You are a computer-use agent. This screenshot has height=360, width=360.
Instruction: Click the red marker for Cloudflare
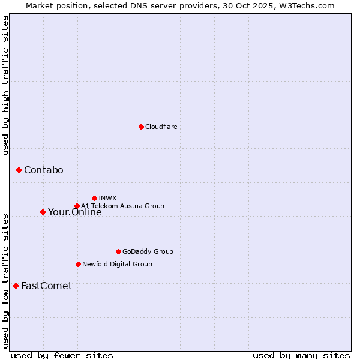pyautogui.click(x=141, y=127)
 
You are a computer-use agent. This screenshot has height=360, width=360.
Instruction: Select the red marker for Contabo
pyautogui.click(x=19, y=170)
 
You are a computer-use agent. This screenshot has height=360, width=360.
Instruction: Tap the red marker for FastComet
pyautogui.click(x=16, y=286)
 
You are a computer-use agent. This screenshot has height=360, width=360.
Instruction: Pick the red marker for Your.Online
pyautogui.click(x=43, y=212)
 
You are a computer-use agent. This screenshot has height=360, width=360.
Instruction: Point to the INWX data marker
pyautogui.click(x=94, y=198)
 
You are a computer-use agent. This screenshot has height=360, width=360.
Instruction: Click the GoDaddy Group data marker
pyautogui.click(x=118, y=251)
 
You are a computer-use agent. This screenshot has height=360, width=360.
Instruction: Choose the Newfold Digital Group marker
pyautogui.click(x=78, y=264)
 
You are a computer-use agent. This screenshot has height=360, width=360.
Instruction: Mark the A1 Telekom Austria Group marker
pyautogui.click(x=77, y=206)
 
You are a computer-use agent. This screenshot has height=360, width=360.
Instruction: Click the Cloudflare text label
pyautogui.click(x=161, y=127)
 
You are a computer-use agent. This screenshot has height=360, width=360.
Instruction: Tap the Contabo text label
pyautogui.click(x=43, y=170)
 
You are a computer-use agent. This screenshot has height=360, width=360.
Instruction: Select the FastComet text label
pyautogui.click(x=46, y=286)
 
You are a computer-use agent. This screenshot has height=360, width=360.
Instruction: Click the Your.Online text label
pyautogui.click(x=74, y=212)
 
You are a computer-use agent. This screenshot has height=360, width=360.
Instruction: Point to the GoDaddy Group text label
pyautogui.click(x=148, y=251)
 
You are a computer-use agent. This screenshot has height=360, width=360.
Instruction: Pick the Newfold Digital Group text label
pyautogui.click(x=117, y=264)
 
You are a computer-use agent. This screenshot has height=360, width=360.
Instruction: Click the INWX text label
pyautogui.click(x=107, y=198)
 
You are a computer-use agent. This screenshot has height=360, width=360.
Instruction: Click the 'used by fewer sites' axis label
pyautogui.click(x=61, y=355)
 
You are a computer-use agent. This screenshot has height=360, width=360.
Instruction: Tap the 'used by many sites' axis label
pyautogui.click(x=301, y=355)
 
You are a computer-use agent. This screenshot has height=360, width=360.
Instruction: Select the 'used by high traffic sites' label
pyautogui.click(x=5, y=85)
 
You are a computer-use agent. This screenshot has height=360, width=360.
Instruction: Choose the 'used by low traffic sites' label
pyautogui.click(x=5, y=280)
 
